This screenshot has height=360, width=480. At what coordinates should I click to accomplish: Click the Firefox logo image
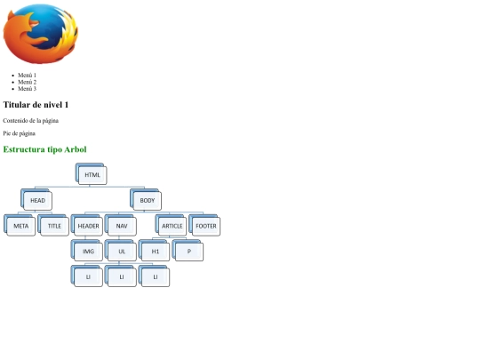click(x=40, y=34)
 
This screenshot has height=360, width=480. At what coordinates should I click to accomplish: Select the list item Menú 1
click(x=27, y=75)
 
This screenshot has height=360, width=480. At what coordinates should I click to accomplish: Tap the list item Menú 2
click(x=27, y=82)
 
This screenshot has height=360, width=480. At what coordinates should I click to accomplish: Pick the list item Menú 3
click(x=27, y=89)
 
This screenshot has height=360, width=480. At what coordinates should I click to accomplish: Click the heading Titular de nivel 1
click(x=36, y=105)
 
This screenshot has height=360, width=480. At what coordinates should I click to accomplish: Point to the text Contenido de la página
click(x=30, y=121)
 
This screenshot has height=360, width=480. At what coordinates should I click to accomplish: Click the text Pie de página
click(x=19, y=133)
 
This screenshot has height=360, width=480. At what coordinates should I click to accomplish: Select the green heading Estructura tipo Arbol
click(x=44, y=149)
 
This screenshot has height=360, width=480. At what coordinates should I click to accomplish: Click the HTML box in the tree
click(x=92, y=174)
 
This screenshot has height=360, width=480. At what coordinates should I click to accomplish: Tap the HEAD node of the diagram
click(x=36, y=200)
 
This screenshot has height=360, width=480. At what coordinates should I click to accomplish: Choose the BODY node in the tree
click(x=146, y=200)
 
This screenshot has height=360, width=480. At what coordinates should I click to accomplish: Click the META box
click(x=20, y=225)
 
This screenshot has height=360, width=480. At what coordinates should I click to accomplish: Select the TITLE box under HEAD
click(x=53, y=225)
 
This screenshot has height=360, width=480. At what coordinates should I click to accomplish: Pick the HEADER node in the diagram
click(x=87, y=225)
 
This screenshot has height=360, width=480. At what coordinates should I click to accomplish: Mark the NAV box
click(x=121, y=225)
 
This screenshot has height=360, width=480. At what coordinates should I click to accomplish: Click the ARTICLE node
click(x=171, y=225)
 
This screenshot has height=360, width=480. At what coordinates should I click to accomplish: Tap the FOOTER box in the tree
click(x=204, y=225)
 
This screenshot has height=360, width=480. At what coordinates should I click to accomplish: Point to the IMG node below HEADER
click(x=87, y=251)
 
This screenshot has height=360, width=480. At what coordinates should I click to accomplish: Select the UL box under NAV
click(x=121, y=251)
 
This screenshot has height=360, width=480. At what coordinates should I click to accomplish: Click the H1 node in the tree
click(x=154, y=251)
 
